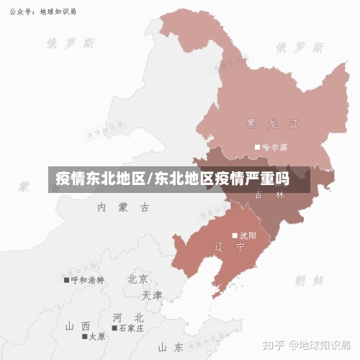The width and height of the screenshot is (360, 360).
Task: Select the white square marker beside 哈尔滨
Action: coord(257,147)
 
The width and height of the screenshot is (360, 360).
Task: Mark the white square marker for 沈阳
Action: coord(235,235)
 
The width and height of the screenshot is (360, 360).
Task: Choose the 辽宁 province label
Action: coord(230,247)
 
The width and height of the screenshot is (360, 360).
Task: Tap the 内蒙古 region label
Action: coord(124,207)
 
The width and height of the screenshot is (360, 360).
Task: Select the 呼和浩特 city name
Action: coord(88,279)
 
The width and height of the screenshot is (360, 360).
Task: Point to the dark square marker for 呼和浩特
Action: coord(67,279)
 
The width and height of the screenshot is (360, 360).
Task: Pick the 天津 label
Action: coord(152,295)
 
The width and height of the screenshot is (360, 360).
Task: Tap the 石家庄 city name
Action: coord(131,328)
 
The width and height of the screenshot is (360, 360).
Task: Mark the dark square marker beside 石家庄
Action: coord(114,328)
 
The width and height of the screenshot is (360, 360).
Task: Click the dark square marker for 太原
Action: coord(84,336)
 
